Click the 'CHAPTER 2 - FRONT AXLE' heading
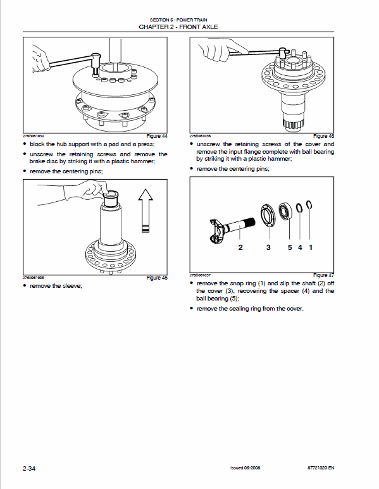tap(189, 27)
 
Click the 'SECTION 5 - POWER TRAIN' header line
tap(189, 20)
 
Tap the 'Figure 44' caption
tap(157, 136)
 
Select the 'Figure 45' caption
tap(157, 278)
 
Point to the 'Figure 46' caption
tap(323, 136)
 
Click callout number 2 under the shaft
tap(240, 247)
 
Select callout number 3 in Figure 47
tap(268, 247)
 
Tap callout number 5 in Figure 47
tap(290, 247)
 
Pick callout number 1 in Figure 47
tap(311, 247)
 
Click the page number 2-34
tap(28, 468)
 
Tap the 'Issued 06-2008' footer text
tap(246, 469)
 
